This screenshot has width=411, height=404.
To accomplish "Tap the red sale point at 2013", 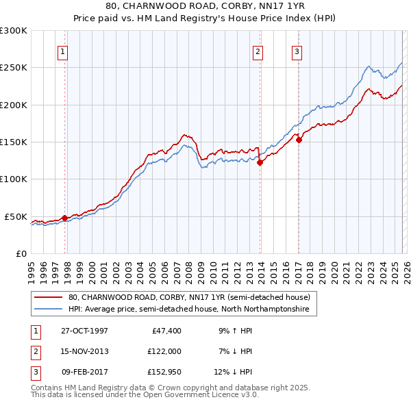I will coord(260,162).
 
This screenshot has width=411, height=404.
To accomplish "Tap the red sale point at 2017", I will coord(299,140).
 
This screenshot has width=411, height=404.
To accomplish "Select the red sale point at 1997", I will coord(65,218).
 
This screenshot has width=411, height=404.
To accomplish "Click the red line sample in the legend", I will coord(48,298).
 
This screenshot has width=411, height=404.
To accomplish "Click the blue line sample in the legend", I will coord(48,310).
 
